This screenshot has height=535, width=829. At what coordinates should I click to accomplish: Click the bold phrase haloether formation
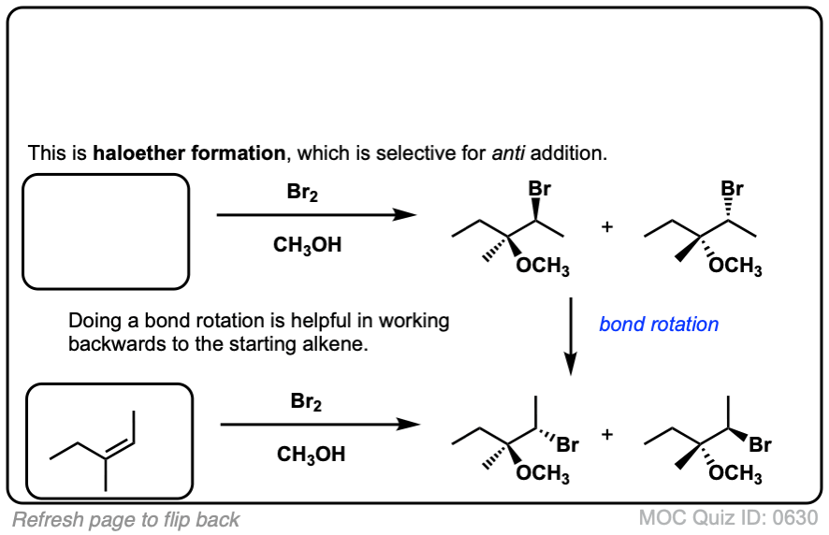pos(188,152)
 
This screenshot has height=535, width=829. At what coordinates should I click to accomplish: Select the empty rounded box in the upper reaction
pos(106,231)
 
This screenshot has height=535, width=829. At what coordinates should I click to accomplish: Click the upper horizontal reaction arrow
pos(315,215)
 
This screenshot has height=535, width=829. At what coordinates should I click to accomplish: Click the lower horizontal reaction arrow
pos(318,425)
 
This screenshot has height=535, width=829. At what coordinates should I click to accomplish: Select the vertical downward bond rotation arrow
pos(571,335)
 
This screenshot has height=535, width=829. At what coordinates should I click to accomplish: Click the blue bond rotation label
pos(659,325)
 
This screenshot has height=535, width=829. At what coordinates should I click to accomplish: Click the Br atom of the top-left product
pos(539,189)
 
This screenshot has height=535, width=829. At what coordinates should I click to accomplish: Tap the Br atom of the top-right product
pos(733,189)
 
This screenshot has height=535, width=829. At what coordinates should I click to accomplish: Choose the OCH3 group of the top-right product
pos(735,267)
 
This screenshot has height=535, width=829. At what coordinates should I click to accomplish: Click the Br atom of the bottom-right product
pos(760,445)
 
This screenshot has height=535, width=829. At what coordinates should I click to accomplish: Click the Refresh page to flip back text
pos(126,519)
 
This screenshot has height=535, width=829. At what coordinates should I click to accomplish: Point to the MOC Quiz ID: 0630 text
pos(729,517)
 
